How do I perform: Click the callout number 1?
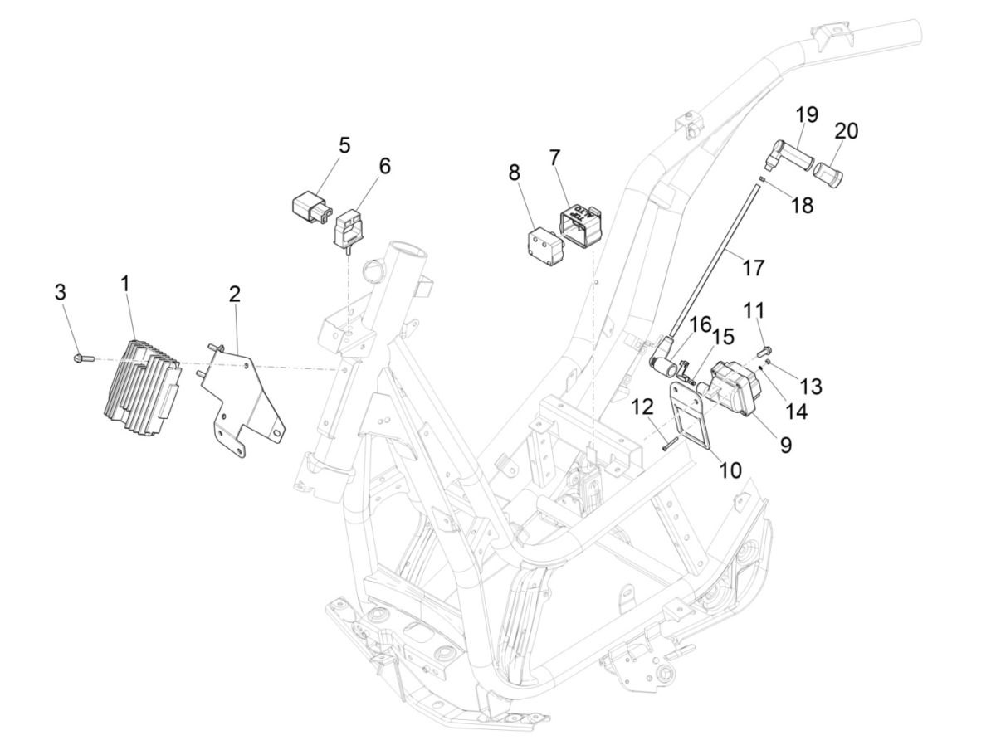click(124, 284)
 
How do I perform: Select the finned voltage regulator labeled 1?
click(139, 378)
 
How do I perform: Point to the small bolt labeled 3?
click(80, 358)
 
